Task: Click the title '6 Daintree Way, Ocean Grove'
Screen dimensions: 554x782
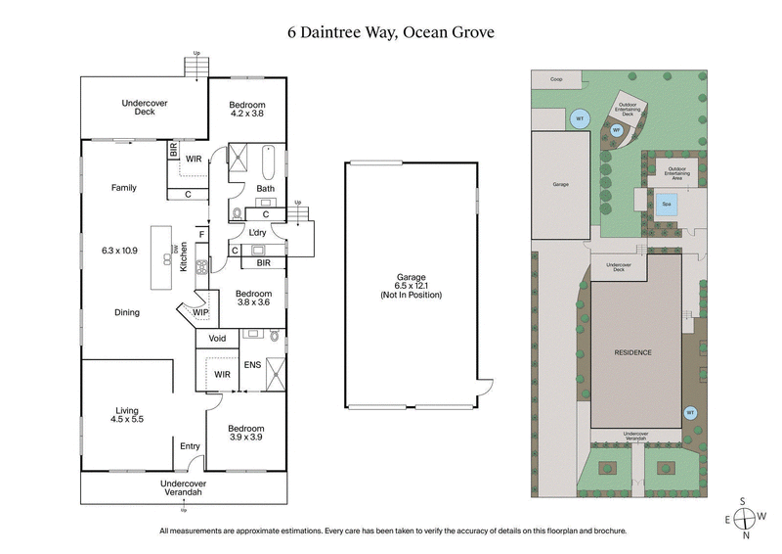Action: click(x=391, y=31)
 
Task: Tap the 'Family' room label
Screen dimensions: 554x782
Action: click(x=123, y=188)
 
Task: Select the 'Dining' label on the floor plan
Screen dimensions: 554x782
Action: click(x=126, y=312)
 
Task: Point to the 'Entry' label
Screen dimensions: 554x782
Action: click(x=190, y=446)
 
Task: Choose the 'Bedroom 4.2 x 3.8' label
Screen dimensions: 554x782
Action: click(x=246, y=109)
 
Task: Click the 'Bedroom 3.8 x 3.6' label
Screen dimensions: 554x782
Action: click(x=252, y=299)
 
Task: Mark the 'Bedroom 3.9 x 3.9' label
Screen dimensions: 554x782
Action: click(x=246, y=434)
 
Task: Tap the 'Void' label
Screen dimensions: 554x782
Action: click(x=217, y=339)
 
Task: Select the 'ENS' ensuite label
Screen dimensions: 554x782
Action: click(x=251, y=368)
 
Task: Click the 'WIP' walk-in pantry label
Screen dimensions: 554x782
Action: click(x=200, y=312)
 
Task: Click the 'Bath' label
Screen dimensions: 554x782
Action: click(x=265, y=188)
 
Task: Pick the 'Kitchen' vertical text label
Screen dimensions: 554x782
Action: click(x=184, y=256)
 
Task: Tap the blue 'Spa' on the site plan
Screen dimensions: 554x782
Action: click(x=667, y=205)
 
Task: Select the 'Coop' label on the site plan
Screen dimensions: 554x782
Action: click(x=556, y=79)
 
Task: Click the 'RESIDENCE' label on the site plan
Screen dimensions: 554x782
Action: click(x=632, y=351)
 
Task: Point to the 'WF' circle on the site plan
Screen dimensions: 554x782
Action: click(x=617, y=129)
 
